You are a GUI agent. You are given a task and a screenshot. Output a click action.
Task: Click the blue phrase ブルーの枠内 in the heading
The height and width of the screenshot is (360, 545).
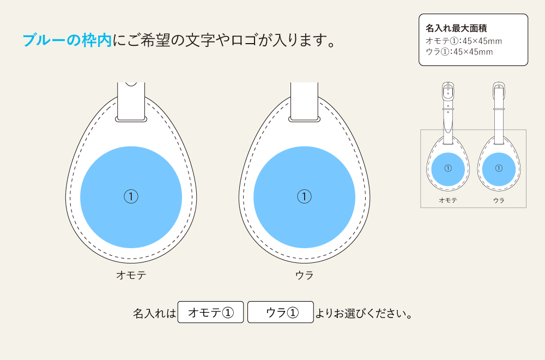tap(67, 40)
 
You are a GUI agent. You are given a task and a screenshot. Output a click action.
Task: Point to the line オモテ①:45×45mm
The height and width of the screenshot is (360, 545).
tap(463, 41)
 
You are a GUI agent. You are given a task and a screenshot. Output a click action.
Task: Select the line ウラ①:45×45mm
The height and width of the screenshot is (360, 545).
tap(459, 52)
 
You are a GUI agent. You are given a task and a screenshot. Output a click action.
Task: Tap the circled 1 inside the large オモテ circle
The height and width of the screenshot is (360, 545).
tap(131, 196)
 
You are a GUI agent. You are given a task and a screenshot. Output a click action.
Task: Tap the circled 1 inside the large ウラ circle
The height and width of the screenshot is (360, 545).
tap(304, 196)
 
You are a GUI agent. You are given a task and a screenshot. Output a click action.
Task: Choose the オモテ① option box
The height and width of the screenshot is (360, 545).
tap(210, 313)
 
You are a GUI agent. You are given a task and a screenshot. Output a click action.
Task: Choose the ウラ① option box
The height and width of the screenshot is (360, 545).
tap(281, 313)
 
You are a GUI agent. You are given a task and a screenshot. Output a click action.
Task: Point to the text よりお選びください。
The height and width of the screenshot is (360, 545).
tap(363, 314)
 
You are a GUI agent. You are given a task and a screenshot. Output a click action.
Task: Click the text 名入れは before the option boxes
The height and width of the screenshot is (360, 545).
tap(155, 314)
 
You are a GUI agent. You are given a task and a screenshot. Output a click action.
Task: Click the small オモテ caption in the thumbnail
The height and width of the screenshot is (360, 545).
tap(448, 200)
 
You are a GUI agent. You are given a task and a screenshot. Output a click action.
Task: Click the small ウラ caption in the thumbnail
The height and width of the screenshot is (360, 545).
tap(499, 200)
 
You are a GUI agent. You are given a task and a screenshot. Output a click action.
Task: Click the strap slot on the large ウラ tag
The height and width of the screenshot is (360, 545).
tap(304, 118)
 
